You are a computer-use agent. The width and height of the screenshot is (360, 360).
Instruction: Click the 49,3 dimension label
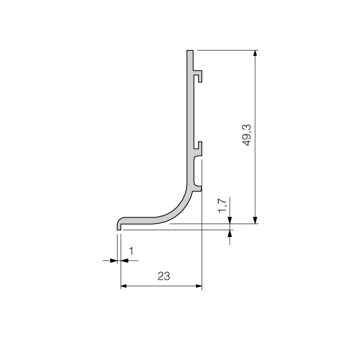tap(247, 135)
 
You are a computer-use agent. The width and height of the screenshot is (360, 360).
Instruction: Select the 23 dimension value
tap(164, 276)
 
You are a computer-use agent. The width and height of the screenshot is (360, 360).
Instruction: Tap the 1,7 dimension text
tap(222, 205)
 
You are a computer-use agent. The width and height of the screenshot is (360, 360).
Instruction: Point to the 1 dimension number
tap(132, 251)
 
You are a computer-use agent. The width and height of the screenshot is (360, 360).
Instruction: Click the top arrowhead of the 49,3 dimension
tap(255, 53)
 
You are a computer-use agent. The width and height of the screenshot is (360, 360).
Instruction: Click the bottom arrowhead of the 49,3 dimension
tap(255, 221)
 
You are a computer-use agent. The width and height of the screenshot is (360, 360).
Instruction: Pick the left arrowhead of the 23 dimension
tap(124, 286)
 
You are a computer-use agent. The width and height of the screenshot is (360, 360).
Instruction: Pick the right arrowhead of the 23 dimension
tap(199, 286)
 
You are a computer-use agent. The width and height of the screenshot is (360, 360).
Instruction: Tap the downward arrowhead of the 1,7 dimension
tap(230, 221)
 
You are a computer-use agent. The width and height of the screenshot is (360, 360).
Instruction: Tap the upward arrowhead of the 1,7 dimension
tap(230, 233)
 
